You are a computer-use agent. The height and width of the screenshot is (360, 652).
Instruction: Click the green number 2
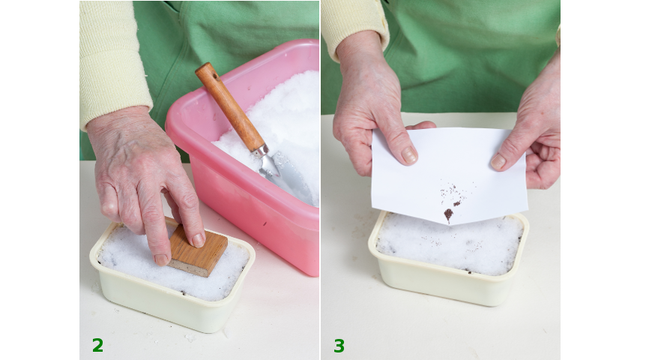pos(97,345)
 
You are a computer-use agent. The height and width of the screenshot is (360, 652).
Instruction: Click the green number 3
pos(339,346)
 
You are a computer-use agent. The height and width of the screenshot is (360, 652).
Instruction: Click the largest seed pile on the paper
pos(448,214)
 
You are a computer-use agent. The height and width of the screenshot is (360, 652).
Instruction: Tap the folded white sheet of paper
pos(449,175)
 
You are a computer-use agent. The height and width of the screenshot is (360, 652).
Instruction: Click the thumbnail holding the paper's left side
pos(408,154)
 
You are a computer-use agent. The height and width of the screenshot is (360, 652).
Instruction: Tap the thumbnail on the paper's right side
pos(498,161)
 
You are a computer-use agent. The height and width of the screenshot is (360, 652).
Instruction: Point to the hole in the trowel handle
pos(215,76)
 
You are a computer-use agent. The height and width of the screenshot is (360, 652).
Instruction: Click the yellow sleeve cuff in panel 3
pos(354,25)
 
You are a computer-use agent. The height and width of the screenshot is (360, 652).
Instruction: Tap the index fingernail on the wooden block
pos(199,240)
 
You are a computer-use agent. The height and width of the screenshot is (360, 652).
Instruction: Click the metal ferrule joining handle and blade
pos(260,150)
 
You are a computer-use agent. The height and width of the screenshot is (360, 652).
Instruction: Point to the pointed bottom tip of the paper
pos(449,224)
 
